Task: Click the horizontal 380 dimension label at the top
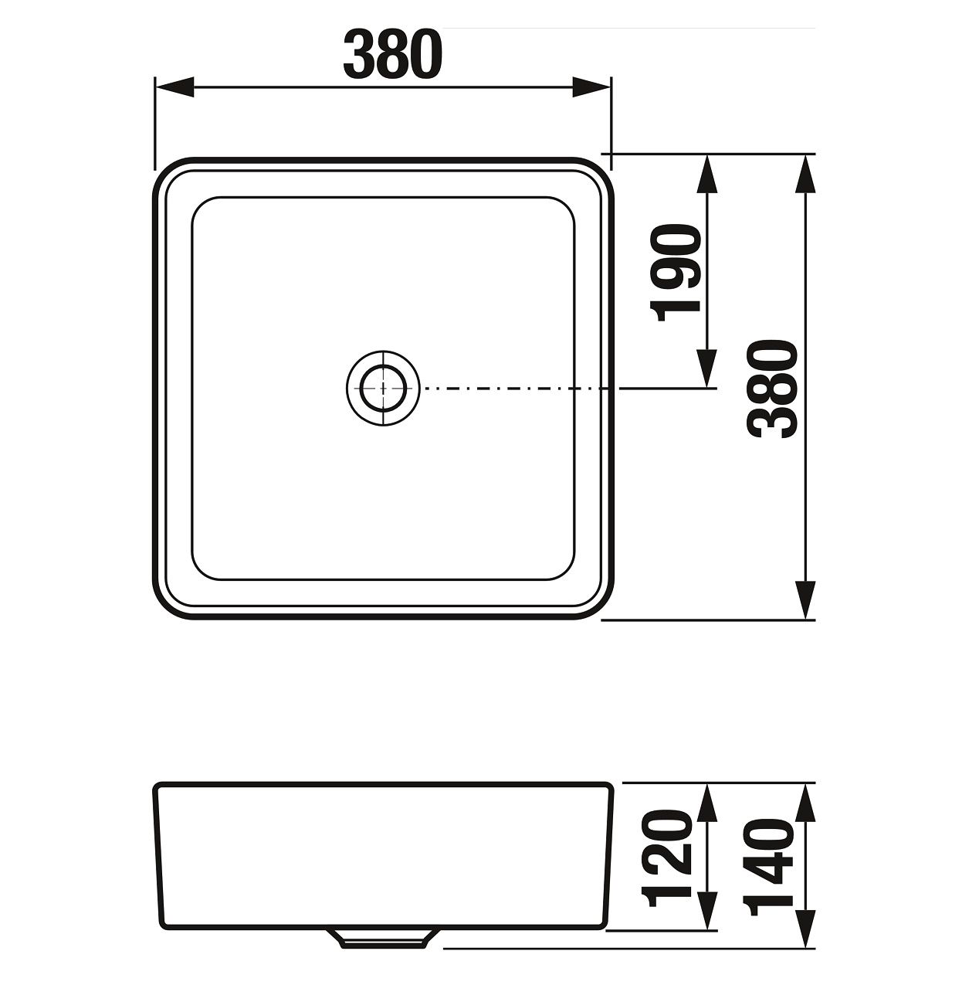coord(393,54)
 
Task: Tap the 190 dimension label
coord(676,273)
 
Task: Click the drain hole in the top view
coord(383,389)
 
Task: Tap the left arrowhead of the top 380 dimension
coord(174,87)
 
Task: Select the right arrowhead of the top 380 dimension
coord(591,87)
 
